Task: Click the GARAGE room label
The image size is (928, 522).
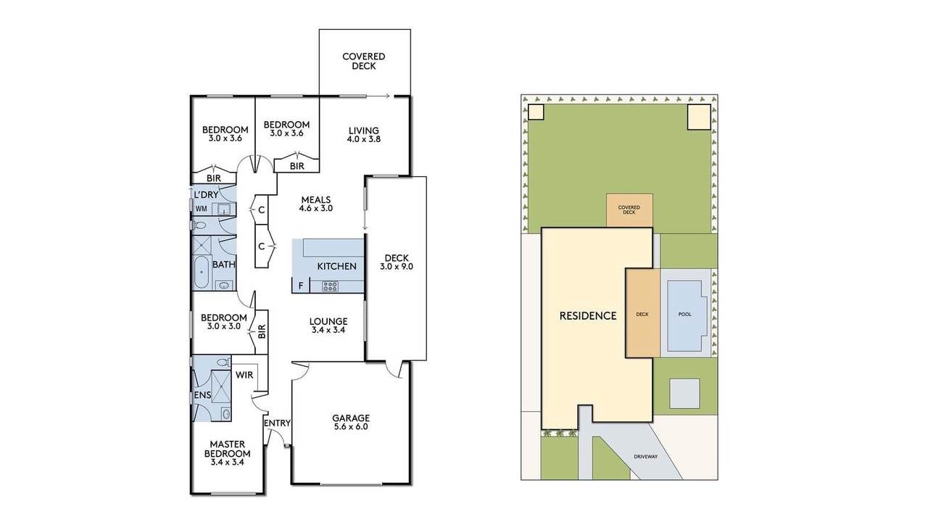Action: pos(351,418)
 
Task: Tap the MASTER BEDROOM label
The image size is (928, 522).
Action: pos(227,449)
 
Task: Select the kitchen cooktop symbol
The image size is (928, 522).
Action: pos(330,286)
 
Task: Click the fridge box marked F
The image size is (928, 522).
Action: pos(301,286)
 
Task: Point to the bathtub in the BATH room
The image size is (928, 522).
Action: pos(202,272)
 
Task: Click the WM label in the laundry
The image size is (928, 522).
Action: pos(202,209)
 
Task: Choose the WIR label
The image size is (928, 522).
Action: pos(244,375)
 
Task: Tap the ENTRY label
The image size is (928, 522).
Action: pos(277,423)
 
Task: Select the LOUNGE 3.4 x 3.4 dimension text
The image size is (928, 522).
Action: pos(328,330)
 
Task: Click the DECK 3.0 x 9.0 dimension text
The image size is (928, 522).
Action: pos(397,267)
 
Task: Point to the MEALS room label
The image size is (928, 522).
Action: pos(315,199)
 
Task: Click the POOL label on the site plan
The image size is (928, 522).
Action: pos(685,315)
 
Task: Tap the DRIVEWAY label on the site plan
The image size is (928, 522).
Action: pos(645,457)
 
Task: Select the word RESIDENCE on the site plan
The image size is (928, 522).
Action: pos(588,316)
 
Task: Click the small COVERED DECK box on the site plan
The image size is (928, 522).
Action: pos(629,210)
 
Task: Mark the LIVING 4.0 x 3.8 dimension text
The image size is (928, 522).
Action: pos(364,139)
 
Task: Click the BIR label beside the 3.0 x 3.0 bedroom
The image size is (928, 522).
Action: pos(262,331)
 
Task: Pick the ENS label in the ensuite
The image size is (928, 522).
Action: pos(202,395)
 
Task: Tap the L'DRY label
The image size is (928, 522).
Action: pos(207,195)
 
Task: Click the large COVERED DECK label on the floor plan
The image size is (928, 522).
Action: pos(364,62)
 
